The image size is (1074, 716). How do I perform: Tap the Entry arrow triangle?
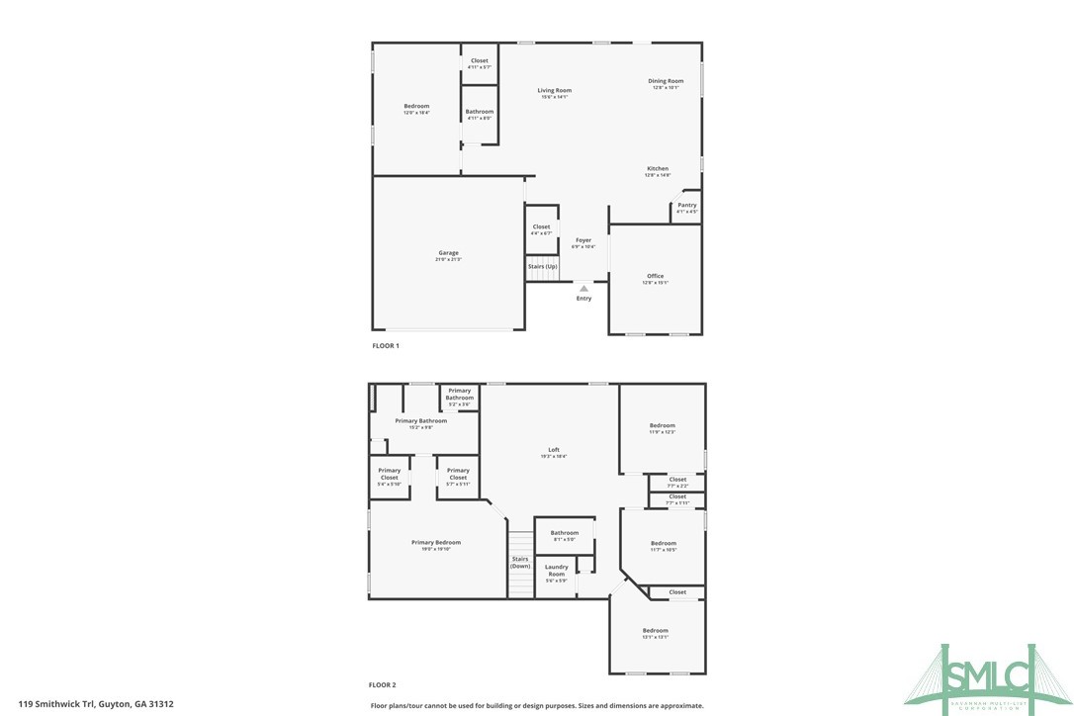tap(583, 289)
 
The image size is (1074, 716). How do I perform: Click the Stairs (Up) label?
tap(542, 267)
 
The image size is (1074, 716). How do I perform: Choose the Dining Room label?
tap(666, 83)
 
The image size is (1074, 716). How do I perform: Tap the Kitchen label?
tap(658, 170)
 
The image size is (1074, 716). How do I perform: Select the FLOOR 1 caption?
tap(385, 346)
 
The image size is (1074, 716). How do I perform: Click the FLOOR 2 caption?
tap(383, 684)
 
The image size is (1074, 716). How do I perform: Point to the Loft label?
tap(554, 452)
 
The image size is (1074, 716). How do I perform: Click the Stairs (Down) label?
tap(520, 562)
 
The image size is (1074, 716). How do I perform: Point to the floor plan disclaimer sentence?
tap(537, 706)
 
